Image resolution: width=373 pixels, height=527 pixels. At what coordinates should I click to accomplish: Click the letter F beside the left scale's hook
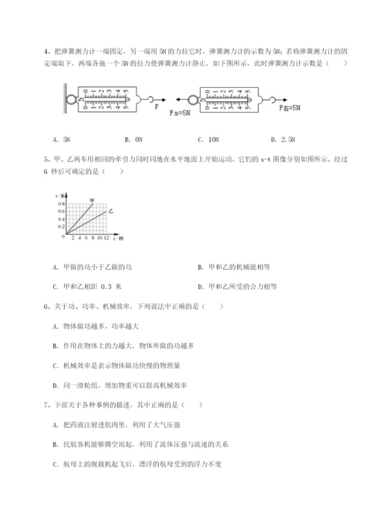(156, 107)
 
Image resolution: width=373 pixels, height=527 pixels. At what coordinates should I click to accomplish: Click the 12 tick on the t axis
(107, 238)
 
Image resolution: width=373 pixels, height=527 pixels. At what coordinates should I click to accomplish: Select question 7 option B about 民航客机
(140, 444)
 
